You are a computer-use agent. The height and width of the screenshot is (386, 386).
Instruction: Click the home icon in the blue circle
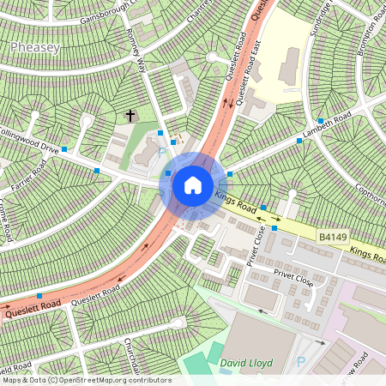(193, 184)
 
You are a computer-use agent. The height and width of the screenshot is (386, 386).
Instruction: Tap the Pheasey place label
(35, 48)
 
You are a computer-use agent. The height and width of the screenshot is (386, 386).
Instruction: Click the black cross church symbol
(130, 115)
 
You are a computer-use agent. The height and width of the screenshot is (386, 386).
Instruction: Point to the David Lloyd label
(246, 363)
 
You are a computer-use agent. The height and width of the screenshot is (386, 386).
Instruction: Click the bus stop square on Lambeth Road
(299, 140)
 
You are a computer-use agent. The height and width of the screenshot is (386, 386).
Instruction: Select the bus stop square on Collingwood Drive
(96, 172)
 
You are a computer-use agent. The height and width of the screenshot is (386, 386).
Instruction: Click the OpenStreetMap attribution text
(86, 380)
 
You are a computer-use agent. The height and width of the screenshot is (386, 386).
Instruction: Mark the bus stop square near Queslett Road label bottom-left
(40, 296)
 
